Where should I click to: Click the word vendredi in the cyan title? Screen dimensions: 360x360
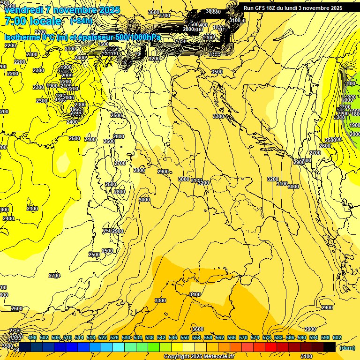(23, 10)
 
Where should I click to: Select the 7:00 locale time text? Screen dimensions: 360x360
(33, 21)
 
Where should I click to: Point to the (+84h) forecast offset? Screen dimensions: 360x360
(81, 21)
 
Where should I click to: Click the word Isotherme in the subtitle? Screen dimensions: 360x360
(22, 37)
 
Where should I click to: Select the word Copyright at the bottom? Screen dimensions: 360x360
(176, 357)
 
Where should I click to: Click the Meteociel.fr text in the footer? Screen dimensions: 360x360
(219, 357)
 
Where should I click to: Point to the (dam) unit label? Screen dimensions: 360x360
(346, 348)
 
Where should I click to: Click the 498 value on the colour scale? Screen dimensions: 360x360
(32, 338)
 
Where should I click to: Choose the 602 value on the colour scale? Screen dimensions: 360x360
(337, 338)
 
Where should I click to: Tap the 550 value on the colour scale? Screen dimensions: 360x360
(185, 338)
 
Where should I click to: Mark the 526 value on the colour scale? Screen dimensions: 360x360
(114, 338)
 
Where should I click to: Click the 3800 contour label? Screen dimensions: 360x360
(212, 11)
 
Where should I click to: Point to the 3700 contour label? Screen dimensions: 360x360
(165, 15)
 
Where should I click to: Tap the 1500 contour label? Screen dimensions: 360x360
(103, 45)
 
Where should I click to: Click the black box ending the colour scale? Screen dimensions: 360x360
(330, 347)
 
